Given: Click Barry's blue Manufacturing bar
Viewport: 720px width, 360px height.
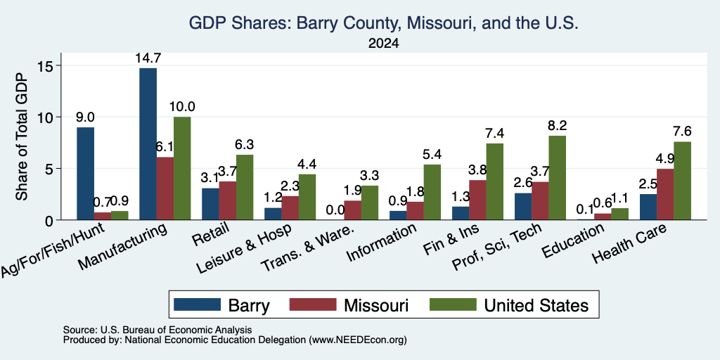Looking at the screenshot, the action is click(148, 143).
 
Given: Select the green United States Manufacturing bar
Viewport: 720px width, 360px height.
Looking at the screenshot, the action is click(182, 168).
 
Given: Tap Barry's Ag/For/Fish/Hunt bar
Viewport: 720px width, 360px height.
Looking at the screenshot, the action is click(85, 174).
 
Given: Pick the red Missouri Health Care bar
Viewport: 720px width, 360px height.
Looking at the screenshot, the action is click(665, 194).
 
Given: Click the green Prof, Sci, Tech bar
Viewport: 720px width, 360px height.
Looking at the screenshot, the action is click(557, 178).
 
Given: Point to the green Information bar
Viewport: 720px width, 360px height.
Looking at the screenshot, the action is click(432, 192).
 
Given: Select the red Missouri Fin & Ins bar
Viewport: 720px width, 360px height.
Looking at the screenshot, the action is click(477, 200).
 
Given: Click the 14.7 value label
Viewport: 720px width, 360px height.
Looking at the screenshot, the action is click(148, 58).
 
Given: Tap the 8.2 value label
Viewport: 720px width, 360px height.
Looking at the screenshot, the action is click(557, 126).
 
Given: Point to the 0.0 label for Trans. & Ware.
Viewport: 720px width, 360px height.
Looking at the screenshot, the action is click(335, 210).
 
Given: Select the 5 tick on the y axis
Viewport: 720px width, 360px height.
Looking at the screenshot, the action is click(51, 169).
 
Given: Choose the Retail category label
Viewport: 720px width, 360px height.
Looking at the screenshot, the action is click(212, 234).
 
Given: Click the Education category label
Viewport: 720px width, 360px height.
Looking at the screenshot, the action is click(572, 241).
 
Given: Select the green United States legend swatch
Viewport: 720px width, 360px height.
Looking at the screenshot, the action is click(452, 305).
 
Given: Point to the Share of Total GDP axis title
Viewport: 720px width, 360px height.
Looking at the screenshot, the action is click(22, 136).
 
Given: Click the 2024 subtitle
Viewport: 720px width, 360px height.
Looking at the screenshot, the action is click(383, 44).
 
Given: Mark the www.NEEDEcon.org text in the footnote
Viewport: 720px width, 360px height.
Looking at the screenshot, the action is click(358, 340).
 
